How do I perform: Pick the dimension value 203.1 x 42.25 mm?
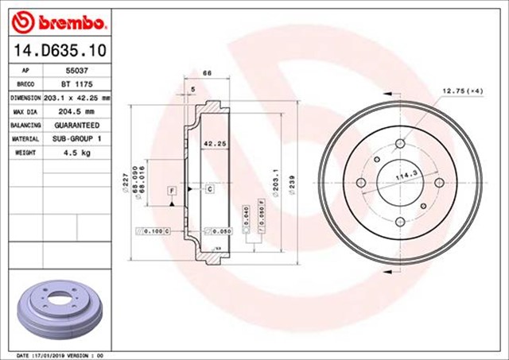pyautogui.click(x=76, y=98)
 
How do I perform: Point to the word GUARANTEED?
pyautogui.click(x=76, y=125)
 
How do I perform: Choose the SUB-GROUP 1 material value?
pyautogui.click(x=76, y=138)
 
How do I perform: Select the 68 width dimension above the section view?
pyautogui.click(x=208, y=73)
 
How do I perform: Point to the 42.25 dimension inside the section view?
pyautogui.click(x=212, y=144)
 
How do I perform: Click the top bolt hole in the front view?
pyautogui.click(x=401, y=143)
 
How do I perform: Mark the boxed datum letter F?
pyautogui.click(x=171, y=191)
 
